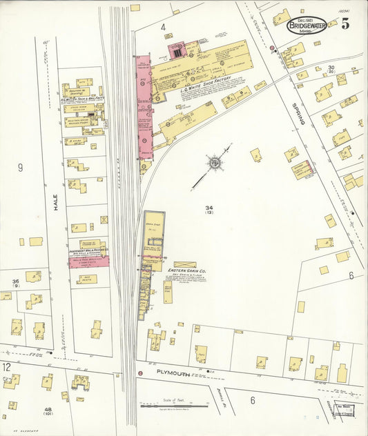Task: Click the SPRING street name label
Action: (298, 114)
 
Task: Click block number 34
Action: (209, 208)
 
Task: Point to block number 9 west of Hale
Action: (20, 167)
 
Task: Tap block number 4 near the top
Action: (164, 28)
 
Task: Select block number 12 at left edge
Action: (6, 366)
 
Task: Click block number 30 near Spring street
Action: (331, 68)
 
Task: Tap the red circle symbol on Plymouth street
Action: (140, 373)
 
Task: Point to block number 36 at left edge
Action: (15, 281)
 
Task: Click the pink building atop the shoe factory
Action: (177, 51)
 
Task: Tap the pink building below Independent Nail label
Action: (88, 261)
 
